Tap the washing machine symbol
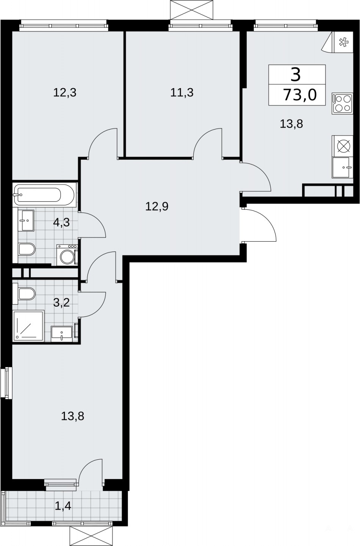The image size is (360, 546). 67,255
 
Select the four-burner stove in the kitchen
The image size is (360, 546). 342,103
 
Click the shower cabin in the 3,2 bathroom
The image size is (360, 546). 29,326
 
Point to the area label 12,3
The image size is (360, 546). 65,93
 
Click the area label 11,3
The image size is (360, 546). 182,93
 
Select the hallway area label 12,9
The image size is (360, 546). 157,207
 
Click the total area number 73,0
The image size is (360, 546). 300,95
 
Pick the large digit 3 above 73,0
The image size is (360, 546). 296,75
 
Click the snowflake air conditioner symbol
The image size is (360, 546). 343,42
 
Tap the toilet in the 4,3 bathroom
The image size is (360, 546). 27,249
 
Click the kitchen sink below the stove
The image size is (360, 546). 342,167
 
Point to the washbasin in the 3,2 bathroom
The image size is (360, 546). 62,333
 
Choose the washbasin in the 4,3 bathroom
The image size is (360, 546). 26,220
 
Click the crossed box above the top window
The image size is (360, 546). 192,10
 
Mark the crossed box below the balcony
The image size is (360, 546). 91,535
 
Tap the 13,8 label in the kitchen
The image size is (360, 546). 291,124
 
